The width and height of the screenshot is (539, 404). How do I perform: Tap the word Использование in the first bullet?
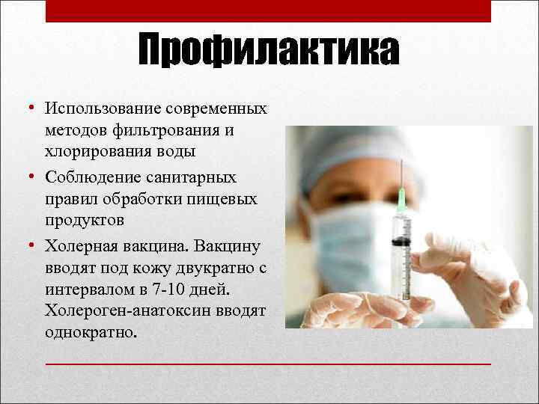(92, 109)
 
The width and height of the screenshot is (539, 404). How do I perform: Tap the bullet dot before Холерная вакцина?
(33, 245)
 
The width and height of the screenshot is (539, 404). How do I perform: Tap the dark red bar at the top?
(269, 10)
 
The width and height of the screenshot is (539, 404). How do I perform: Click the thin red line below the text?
(269, 363)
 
